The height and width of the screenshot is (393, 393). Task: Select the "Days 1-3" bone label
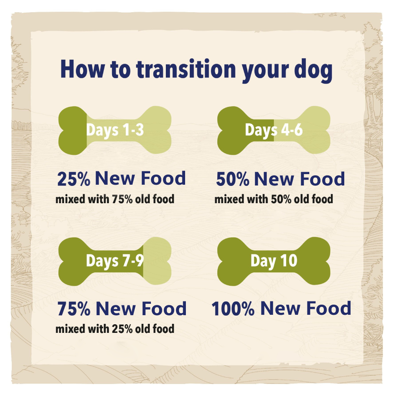point(115,130)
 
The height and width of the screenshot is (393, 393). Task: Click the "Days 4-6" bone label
point(274,130)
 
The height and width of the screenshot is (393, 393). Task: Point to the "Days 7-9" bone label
point(115,261)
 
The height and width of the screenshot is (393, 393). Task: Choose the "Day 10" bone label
point(274,261)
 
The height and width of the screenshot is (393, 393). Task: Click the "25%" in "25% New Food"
point(74,179)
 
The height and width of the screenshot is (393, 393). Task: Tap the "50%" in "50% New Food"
point(233,180)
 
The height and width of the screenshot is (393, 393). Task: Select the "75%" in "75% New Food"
point(74,309)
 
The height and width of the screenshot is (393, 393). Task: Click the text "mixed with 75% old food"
point(115,199)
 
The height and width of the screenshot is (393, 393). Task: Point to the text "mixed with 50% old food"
point(274,199)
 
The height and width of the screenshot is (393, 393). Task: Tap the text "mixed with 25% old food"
point(115,329)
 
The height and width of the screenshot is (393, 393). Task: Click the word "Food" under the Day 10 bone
point(329,309)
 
